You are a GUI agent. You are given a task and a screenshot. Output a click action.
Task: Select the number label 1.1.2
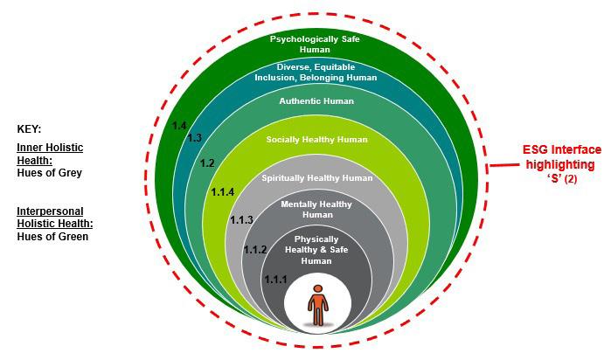coord(254,250)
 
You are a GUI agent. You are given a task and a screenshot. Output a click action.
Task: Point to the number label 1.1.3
coord(240,219)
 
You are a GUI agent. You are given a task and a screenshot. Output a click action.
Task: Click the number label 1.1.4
coord(223,191)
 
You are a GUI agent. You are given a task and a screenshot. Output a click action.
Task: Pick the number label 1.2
coord(207,163)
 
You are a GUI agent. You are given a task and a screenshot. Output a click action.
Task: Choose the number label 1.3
coord(194,138)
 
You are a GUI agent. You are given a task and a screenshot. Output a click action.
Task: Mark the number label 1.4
coord(179,126)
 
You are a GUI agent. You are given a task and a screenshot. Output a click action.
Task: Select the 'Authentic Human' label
coord(317,101)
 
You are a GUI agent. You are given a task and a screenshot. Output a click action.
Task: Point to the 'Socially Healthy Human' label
coord(317,139)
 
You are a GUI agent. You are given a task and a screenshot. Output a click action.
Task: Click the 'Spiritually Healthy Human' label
coord(317,178)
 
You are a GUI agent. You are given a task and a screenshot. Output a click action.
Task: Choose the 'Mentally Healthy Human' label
coord(317,209)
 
